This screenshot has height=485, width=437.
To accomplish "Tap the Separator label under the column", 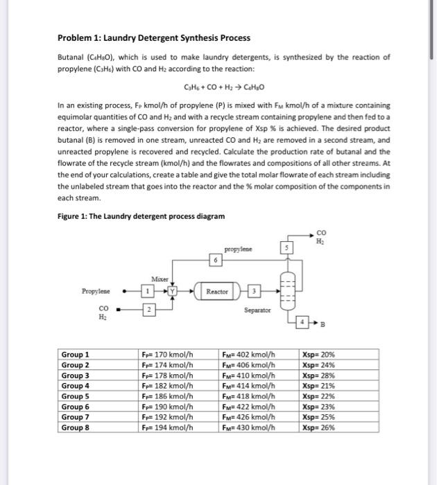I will pyautogui.click(x=257, y=311).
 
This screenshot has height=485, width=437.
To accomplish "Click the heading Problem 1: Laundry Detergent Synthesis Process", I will pyautogui.click(x=153, y=37).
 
